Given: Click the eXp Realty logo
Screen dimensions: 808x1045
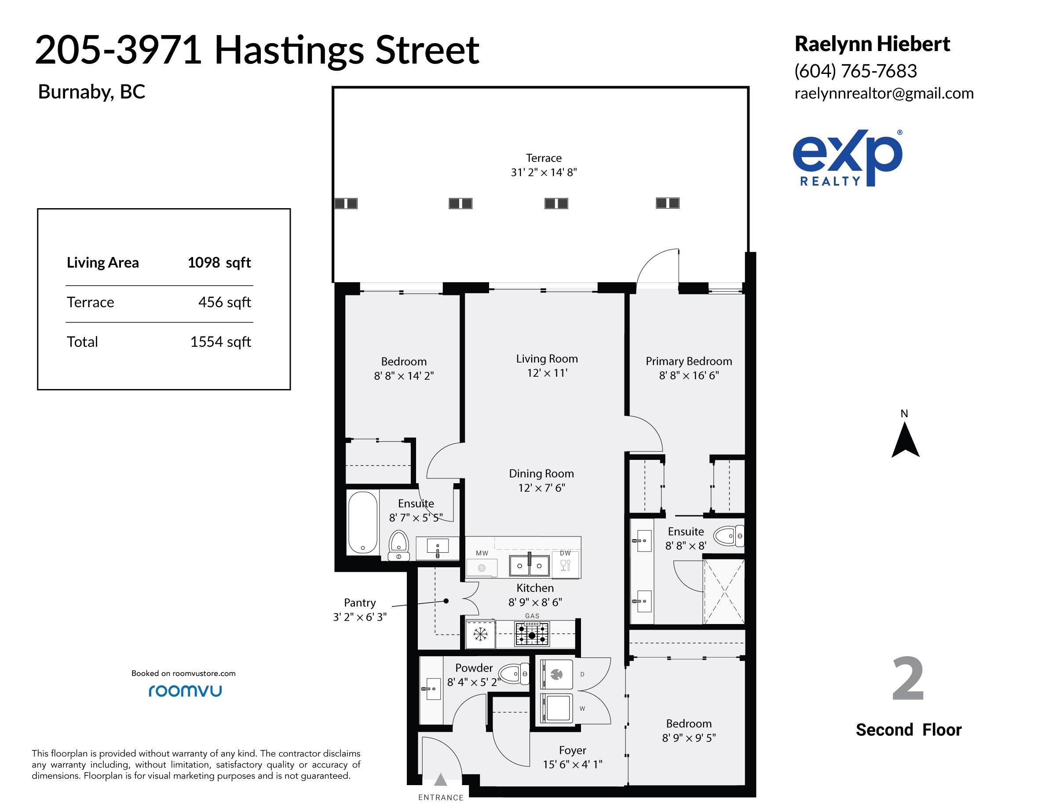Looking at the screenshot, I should point(848,158).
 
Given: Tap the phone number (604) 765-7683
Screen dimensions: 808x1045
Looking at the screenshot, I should point(855,71).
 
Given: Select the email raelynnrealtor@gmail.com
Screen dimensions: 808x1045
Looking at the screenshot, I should point(884,93).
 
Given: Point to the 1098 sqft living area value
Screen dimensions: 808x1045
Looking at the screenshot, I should point(219,263).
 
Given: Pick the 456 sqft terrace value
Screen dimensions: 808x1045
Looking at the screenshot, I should point(224,302).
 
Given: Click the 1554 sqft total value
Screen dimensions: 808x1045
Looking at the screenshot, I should point(221,342).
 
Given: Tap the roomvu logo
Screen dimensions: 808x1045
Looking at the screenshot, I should point(185,691).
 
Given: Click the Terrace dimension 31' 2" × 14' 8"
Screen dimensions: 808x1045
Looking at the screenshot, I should point(544,173).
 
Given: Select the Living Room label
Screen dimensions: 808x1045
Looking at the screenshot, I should point(547,359).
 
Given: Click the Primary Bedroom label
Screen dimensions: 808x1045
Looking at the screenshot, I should point(689,361).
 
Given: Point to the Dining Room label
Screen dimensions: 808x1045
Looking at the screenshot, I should point(541,474).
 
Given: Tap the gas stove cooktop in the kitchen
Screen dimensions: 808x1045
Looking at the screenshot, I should point(532,634).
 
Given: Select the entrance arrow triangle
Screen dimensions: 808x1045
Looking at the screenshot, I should point(440,780).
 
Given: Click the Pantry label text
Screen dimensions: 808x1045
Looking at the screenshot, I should point(360,602).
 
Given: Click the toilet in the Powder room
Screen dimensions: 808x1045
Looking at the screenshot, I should point(514,674).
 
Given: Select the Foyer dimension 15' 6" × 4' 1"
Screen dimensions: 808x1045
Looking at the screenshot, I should point(572,764).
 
